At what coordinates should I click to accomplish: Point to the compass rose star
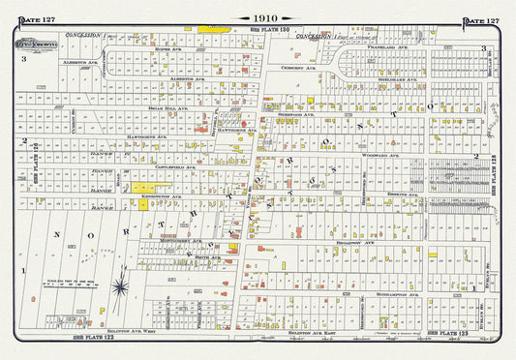[118, 285]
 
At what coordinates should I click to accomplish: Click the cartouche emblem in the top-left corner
[43, 44]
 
